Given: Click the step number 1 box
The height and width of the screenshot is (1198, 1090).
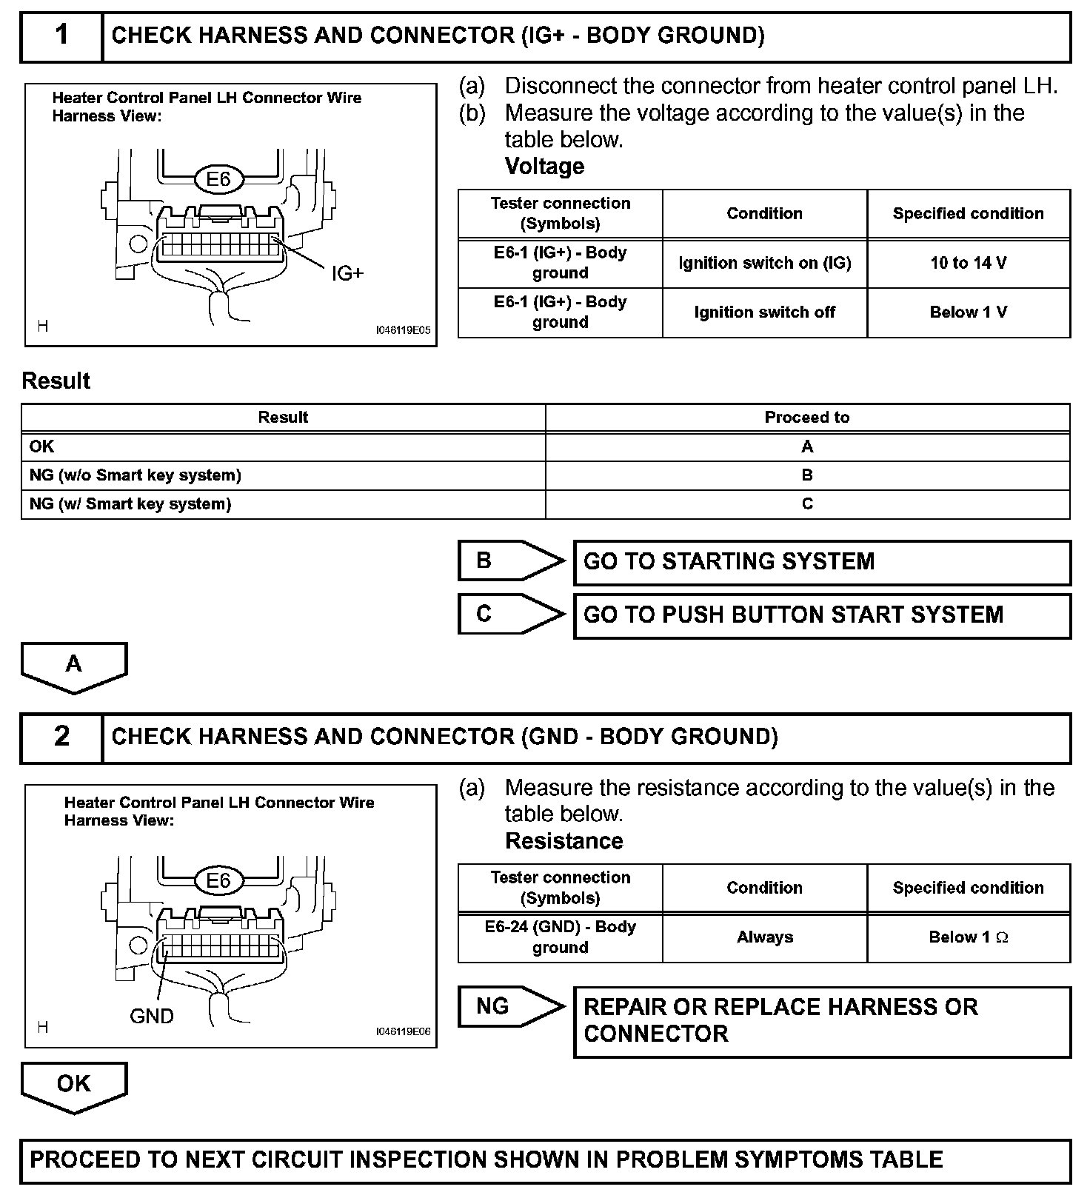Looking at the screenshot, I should [61, 36].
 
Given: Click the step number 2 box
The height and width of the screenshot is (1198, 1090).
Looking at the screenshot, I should [61, 737].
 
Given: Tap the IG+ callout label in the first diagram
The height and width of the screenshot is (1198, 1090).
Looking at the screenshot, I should [347, 274].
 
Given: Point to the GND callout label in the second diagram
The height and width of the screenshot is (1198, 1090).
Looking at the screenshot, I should [152, 1017].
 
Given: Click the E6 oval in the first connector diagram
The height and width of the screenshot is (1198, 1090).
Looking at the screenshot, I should [218, 179].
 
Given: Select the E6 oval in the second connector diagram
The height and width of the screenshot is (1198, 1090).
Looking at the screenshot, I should [218, 881].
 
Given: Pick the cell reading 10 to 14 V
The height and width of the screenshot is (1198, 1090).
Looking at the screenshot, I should [969, 263].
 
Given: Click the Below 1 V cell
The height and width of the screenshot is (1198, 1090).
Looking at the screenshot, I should [969, 312].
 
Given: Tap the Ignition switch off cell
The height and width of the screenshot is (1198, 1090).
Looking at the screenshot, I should [764, 312].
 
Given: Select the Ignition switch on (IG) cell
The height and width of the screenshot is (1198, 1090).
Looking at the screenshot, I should [764, 263].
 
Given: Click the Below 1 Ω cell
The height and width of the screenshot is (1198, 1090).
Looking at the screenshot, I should [969, 937].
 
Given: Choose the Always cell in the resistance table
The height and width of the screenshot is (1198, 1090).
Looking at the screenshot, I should [764, 937].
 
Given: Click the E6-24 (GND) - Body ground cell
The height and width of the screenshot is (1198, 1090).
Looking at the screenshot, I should [561, 937].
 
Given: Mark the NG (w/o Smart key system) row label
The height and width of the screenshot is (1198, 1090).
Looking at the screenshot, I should [136, 475].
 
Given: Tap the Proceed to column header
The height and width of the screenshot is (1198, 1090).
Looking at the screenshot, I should [807, 418].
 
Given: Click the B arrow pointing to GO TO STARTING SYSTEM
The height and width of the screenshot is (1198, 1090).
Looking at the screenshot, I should [509, 560].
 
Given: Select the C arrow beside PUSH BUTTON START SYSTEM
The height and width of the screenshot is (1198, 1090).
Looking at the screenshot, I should [509, 614].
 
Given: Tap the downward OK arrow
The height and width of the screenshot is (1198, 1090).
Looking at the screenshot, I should [74, 1085].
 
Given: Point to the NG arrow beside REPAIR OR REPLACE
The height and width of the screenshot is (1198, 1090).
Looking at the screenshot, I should [509, 1007].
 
